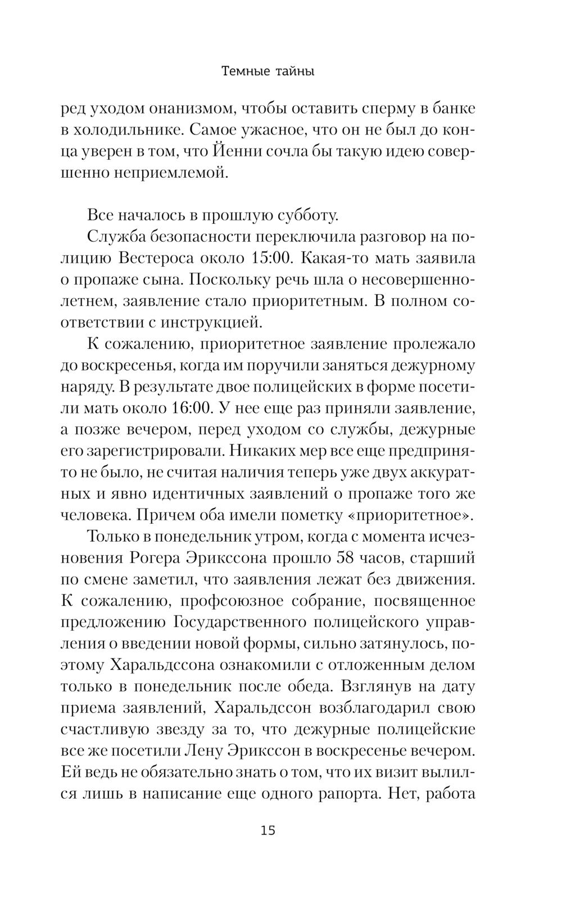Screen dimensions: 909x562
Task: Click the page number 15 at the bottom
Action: [x=268, y=830]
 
